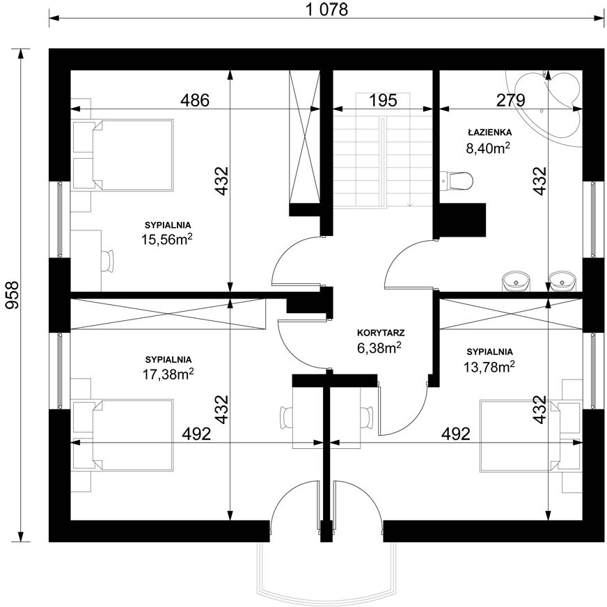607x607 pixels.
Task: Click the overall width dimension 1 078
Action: point(326,9)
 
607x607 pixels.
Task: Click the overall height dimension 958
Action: point(12,295)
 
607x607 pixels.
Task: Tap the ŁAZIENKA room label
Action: point(489,132)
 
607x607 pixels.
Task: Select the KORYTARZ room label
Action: point(381,333)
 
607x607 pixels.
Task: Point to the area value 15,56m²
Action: point(167,239)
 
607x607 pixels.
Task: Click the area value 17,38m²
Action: point(168,374)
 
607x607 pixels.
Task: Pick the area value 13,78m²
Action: point(489,366)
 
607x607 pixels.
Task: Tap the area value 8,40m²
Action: point(488,148)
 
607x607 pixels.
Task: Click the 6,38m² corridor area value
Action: point(379,347)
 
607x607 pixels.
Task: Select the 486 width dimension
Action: point(195,100)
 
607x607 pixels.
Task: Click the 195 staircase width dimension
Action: point(383,100)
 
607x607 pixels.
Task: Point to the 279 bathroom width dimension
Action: point(511,100)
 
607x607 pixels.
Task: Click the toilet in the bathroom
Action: point(457,180)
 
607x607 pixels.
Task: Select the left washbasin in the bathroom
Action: point(516,281)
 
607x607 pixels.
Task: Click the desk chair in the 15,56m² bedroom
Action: point(108,260)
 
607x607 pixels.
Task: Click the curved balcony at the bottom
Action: point(326,572)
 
